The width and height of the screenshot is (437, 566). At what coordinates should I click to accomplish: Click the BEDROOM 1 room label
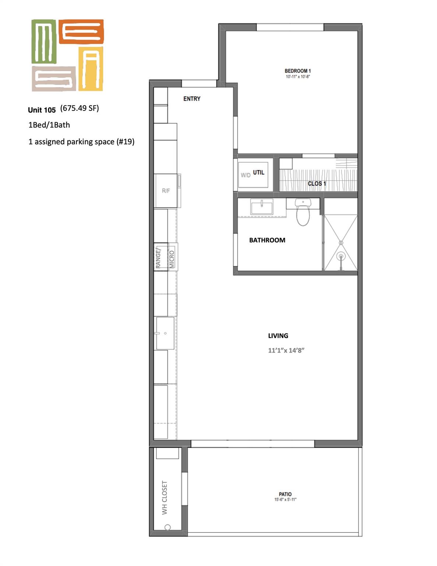point(297,71)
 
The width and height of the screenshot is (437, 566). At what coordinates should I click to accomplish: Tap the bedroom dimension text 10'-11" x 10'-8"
point(298,77)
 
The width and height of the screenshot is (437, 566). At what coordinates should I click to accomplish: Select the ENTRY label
point(192,99)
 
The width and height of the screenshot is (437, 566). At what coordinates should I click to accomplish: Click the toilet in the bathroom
point(303,212)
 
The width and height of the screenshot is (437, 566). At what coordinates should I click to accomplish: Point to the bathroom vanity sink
point(262,207)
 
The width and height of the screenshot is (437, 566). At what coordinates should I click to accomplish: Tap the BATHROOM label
point(267,240)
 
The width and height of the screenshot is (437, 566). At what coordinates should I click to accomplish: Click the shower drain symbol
point(341,256)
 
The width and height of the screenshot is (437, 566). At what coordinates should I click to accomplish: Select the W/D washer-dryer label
point(246,175)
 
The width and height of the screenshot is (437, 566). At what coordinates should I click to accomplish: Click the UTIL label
point(258,172)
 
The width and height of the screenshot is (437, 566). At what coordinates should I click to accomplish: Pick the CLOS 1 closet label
point(317,184)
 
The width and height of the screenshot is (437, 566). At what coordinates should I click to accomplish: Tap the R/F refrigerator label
point(166,191)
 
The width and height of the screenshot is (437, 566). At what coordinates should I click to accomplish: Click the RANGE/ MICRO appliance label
point(165,258)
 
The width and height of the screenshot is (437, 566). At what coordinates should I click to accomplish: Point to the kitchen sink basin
point(165,333)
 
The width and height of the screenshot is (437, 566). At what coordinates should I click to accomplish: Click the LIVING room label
point(278,336)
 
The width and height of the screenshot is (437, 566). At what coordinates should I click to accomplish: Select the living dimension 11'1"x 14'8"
point(286,350)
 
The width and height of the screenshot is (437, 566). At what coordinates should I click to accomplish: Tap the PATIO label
point(285,494)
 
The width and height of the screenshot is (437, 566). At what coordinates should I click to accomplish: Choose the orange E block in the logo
point(81,32)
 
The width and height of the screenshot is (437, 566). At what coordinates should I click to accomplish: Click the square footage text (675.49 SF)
point(80,108)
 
